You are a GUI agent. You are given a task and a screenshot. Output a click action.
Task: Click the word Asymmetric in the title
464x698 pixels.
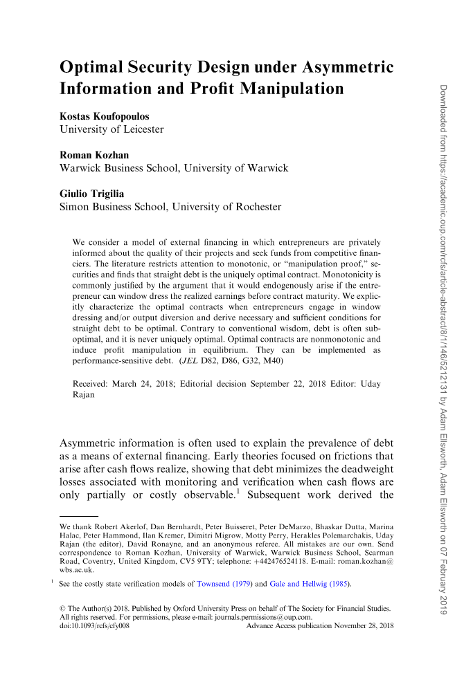344,68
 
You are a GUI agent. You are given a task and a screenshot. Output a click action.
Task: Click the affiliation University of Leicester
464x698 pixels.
111,129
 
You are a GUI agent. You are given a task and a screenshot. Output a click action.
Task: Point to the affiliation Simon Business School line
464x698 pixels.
170,207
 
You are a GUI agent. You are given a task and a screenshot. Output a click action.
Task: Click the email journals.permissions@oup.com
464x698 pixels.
260,617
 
